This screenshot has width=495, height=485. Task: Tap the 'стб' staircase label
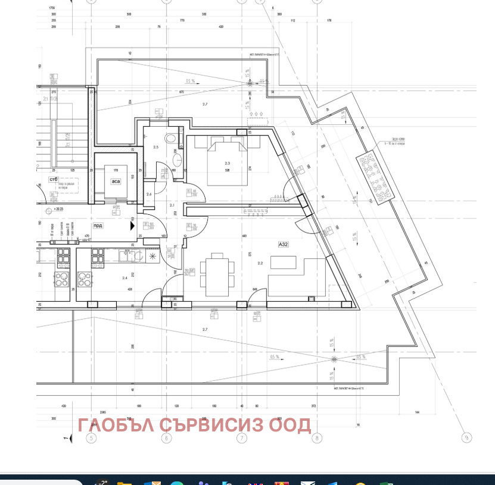coord(55,179)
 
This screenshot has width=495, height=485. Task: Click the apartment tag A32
coord(283,244)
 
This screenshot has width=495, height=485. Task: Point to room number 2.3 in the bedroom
coord(227,163)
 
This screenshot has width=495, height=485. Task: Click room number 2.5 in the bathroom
coord(156,147)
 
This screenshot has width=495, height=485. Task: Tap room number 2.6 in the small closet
coord(149,194)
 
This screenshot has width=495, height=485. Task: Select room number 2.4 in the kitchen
coord(125,277)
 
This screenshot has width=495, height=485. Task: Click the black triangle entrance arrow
coord(132,226)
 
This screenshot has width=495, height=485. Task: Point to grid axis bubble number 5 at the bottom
coord(91,439)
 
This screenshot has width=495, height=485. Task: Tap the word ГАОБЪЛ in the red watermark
coord(116,425)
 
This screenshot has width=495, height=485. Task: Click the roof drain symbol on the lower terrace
coord(333,359)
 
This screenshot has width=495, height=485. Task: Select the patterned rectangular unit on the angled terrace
coord(375,177)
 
